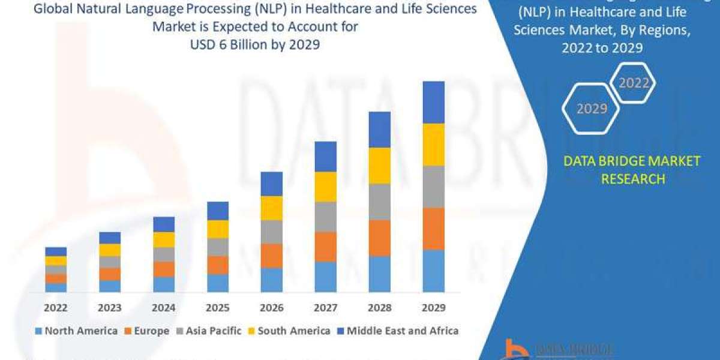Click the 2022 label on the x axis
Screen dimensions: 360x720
click(56, 308)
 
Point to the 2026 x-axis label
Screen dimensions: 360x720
click(272, 308)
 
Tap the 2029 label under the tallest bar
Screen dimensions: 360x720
click(433, 308)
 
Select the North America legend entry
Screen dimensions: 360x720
click(76, 331)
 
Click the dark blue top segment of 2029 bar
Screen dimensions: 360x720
click(433, 102)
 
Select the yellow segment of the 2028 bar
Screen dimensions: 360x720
click(379, 166)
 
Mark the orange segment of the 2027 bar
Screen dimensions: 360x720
click(325, 247)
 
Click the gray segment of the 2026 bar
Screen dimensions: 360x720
click(272, 232)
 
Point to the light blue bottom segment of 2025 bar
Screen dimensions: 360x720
click(218, 283)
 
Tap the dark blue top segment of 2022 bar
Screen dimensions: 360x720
click(56, 251)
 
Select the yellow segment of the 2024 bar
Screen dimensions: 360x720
click(164, 239)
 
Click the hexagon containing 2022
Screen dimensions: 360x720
click(632, 83)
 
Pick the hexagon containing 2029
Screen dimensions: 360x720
click(591, 109)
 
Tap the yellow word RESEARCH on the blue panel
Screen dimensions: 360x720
click(632, 179)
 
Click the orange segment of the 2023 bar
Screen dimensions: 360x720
click(110, 274)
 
